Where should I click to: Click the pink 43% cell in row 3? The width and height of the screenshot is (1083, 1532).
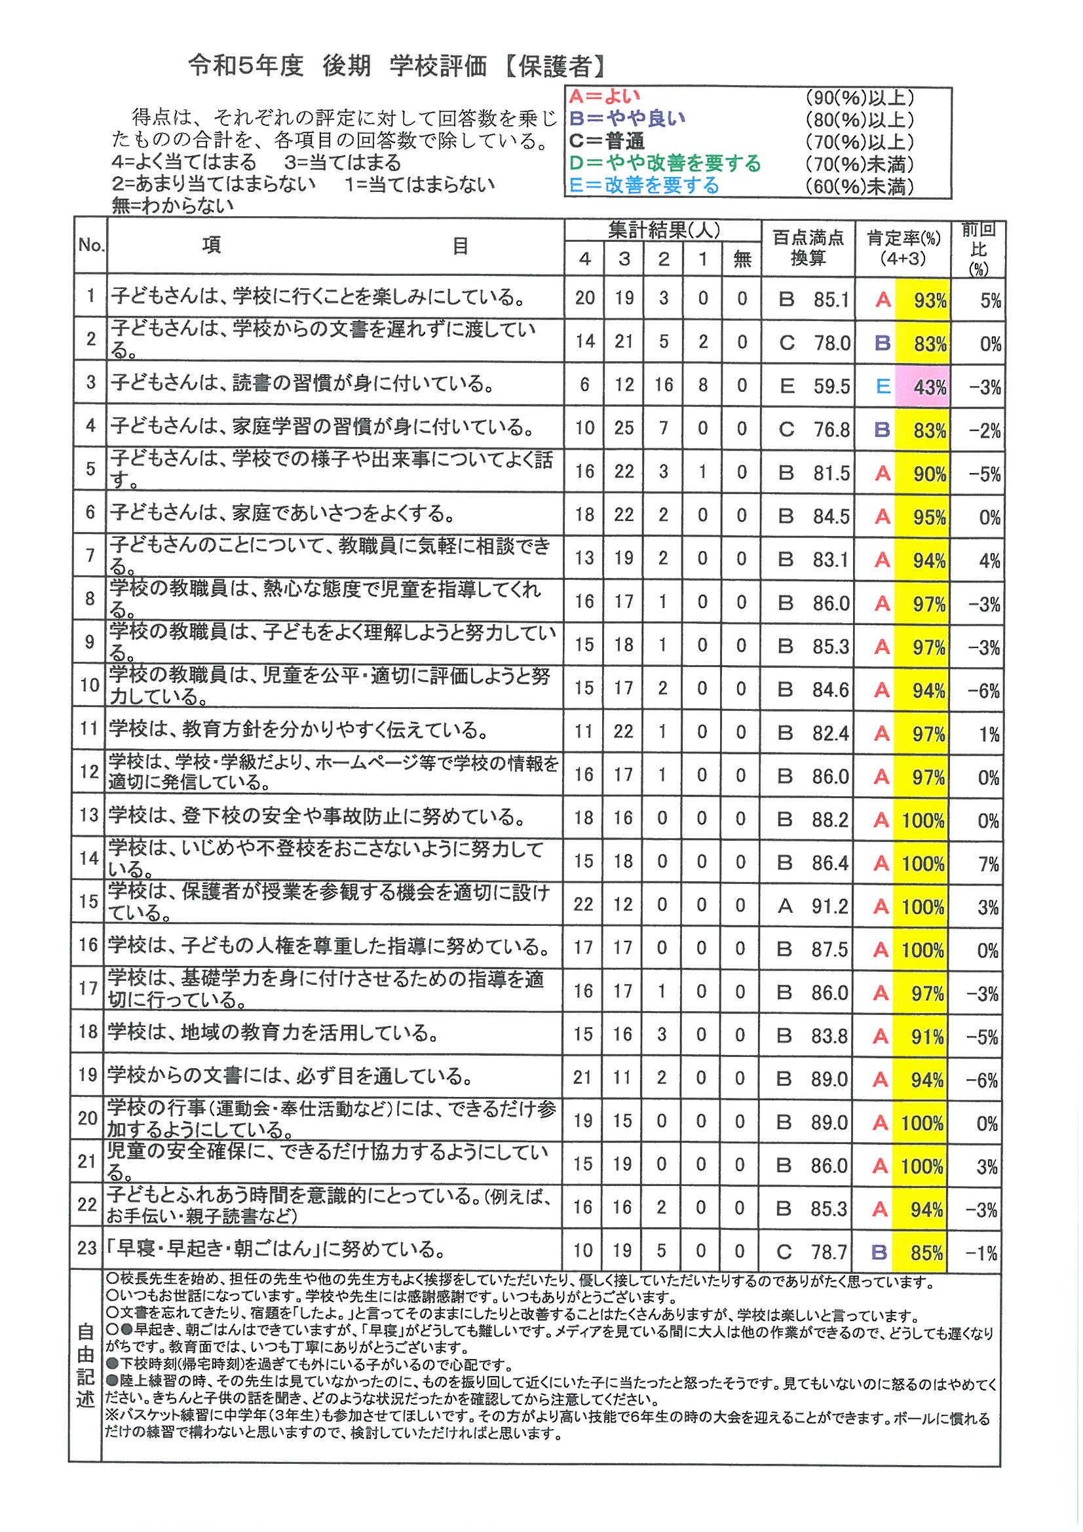[923, 387]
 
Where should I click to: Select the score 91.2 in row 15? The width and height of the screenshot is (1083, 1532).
[830, 906]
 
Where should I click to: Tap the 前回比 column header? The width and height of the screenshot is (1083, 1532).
[978, 248]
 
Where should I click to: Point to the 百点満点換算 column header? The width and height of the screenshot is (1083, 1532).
[807, 248]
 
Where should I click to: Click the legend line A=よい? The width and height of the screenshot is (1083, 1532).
[604, 97]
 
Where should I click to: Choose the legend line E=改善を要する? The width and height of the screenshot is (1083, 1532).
[644, 185]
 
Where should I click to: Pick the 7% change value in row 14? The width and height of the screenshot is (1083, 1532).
[988, 864]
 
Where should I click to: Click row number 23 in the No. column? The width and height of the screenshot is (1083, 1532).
[87, 1248]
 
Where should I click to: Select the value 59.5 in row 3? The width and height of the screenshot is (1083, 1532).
[831, 387]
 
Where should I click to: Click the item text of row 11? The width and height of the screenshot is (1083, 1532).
[297, 731]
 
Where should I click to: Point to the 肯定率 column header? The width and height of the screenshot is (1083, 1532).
[903, 248]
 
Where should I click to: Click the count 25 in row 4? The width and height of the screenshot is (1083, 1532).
[624, 428]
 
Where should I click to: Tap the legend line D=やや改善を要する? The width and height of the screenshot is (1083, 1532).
[664, 163]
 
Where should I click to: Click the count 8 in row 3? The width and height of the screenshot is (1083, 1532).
[702, 385]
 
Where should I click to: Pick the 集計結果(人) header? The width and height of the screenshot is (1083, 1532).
[663, 230]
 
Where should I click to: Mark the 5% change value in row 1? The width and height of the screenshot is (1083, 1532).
[990, 301]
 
